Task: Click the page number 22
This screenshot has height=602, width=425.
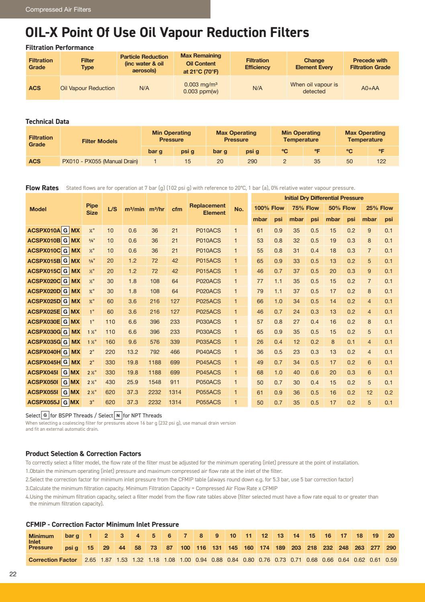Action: [x=13, y=574]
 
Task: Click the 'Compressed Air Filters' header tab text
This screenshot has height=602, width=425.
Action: [x=58, y=9]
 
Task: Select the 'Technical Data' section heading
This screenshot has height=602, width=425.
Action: [x=47, y=121]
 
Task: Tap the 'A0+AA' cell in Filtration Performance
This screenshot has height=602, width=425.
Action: [x=370, y=88]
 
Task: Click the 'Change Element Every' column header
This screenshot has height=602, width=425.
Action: [x=314, y=64]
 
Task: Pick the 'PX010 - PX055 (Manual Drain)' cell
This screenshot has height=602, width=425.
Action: [x=100, y=161]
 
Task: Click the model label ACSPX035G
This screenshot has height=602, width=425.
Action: [x=44, y=342]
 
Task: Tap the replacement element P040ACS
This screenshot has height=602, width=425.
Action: [x=208, y=352]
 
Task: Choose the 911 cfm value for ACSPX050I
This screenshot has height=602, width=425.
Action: [x=175, y=382]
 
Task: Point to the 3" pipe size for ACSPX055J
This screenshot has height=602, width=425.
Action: [x=92, y=402]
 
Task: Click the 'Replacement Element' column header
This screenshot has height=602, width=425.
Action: [x=207, y=209]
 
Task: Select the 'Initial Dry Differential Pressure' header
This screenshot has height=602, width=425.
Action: [x=324, y=198]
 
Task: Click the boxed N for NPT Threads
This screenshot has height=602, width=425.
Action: [x=118, y=415]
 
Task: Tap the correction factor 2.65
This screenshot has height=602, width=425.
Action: [x=90, y=560]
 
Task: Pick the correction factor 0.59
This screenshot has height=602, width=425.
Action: [x=391, y=560]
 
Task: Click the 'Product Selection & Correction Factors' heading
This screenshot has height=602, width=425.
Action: [x=83, y=454]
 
